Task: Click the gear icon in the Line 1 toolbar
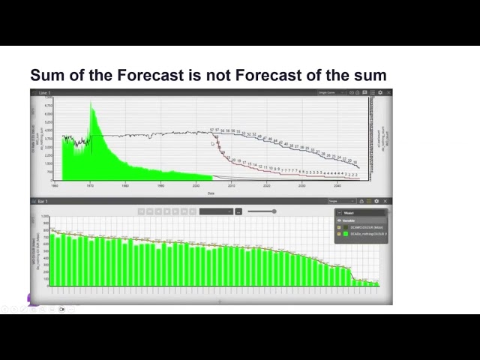coord(380,92)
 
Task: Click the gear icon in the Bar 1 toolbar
coord(376,201)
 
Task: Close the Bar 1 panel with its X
coord(387,201)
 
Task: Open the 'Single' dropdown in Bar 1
coord(341,201)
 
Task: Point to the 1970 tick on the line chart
coord(90,184)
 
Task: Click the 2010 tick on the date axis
coord(231,184)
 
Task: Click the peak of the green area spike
coord(91,103)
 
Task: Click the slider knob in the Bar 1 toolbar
coord(274,211)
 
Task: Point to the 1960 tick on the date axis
coord(55,184)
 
